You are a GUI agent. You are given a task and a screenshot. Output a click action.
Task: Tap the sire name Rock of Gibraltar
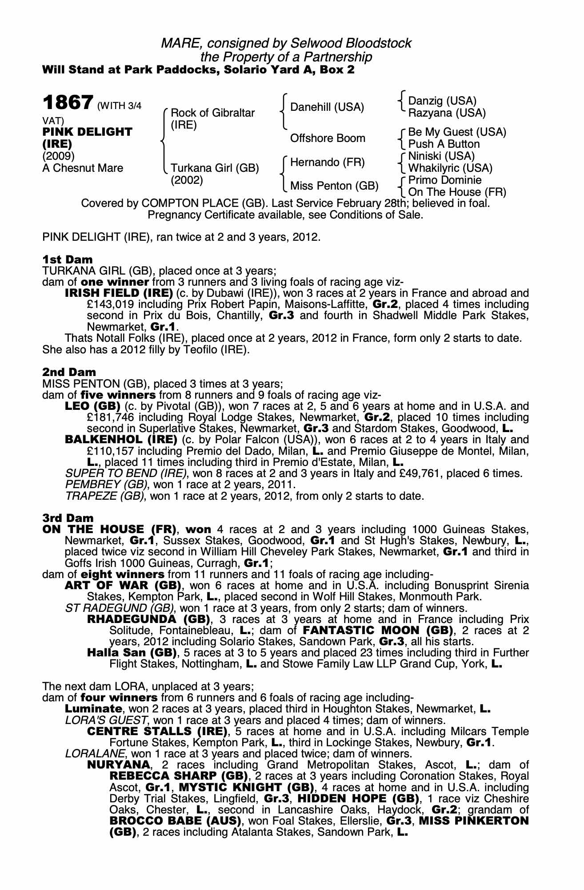pos(212,113)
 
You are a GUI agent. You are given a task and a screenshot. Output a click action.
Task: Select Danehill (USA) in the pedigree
pos(327,107)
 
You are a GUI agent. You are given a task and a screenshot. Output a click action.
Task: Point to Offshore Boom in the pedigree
pos(328,138)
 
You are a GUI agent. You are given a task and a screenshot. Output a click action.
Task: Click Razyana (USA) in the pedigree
pos(447,113)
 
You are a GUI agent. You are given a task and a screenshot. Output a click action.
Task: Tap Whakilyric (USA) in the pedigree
pos(450,168)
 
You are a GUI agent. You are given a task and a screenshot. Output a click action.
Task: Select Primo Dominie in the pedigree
pos(444,180)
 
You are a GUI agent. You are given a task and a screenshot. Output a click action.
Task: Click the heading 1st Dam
pos(68,259)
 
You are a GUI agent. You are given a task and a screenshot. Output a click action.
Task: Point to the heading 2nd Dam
pos(69,372)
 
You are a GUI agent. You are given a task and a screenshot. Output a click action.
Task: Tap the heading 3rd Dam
pos(68,518)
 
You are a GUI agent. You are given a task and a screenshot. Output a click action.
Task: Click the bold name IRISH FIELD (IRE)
pos(119,293)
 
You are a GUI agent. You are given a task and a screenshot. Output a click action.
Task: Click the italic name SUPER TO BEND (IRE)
pos(126,473)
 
